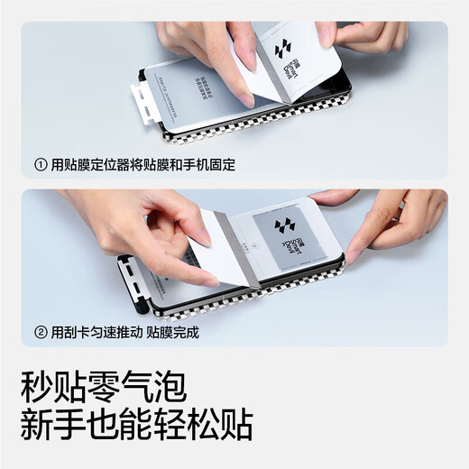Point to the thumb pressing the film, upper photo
point(240,86)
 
